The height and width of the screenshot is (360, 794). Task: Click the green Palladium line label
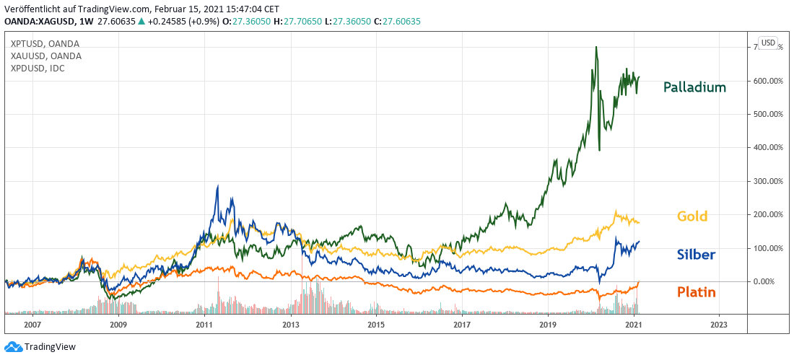click(x=694, y=88)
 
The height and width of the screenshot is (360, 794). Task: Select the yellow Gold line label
click(x=692, y=216)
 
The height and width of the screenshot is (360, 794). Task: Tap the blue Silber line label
click(x=696, y=254)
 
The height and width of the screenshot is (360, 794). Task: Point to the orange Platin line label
click(x=696, y=292)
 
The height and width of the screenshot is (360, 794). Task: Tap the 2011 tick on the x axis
click(x=204, y=325)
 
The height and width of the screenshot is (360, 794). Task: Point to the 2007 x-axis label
click(x=32, y=325)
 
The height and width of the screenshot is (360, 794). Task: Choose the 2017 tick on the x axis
click(x=461, y=325)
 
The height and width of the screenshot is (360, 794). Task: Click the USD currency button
click(x=768, y=43)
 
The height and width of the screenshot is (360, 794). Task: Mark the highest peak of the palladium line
click(x=595, y=48)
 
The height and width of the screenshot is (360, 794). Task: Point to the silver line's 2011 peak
click(x=217, y=186)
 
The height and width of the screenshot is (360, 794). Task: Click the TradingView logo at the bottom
click(x=40, y=347)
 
